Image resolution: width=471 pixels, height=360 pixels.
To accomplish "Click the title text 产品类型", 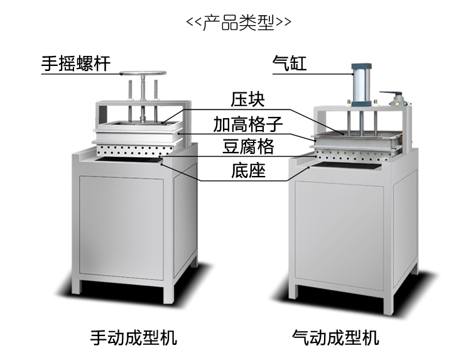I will [x=239, y=23].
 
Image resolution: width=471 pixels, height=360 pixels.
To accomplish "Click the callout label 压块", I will [x=249, y=100].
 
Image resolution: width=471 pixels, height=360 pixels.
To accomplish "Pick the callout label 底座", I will [x=249, y=170].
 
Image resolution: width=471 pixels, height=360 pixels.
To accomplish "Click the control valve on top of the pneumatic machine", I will [x=396, y=99].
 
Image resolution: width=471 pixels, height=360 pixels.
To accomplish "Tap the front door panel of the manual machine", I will [x=121, y=227].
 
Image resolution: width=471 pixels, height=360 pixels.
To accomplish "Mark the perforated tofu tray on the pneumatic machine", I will [x=352, y=155].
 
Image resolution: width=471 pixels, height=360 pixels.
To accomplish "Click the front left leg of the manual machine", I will [x=76, y=286].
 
